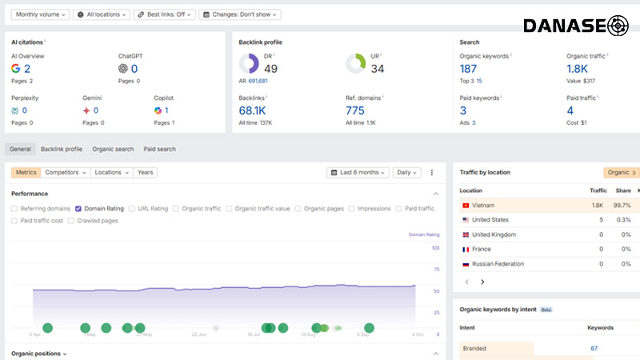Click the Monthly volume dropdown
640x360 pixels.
40,14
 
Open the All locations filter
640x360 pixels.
102,14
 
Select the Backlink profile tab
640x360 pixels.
62,149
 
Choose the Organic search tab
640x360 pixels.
113,149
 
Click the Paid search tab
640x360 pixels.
159,149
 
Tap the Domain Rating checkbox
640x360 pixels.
78,209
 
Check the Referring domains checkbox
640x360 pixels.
15,209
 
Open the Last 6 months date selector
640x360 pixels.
358,172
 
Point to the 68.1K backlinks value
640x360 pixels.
252,110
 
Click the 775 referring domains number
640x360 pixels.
355,110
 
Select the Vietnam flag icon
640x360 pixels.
465,206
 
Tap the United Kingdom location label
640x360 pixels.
494,234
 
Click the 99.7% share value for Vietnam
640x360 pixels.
622,206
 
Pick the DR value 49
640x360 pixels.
270,69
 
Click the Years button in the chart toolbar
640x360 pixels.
146,172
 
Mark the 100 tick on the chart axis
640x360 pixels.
436,249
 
